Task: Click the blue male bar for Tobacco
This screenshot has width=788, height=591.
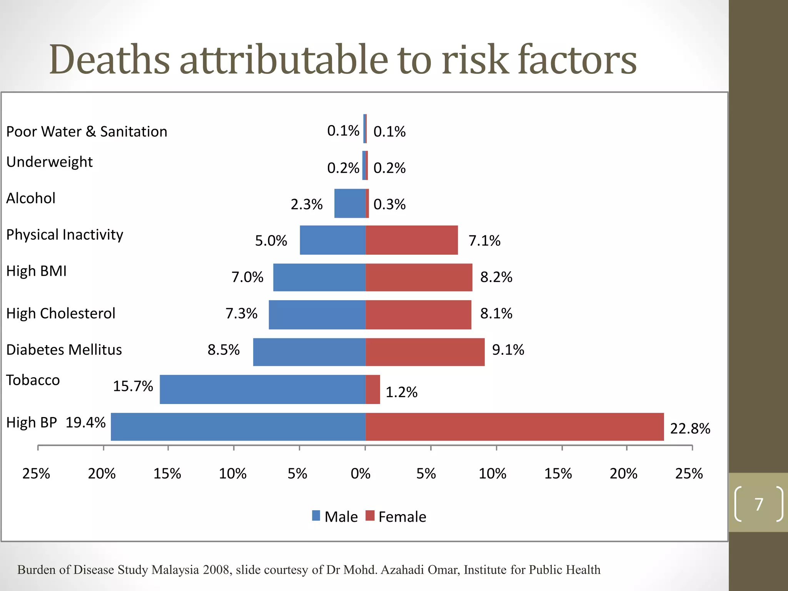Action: (262, 389)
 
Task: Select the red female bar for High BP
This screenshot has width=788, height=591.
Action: (514, 426)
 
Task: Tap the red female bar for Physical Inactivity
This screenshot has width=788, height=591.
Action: (412, 240)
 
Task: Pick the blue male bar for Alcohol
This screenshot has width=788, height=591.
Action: (350, 203)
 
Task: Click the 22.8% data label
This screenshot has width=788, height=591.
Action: (690, 428)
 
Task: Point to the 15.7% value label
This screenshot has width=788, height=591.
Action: (133, 386)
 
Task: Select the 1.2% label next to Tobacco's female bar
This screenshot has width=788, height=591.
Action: (401, 392)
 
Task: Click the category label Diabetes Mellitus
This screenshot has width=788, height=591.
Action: (64, 350)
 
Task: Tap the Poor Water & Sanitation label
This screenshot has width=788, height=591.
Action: (87, 132)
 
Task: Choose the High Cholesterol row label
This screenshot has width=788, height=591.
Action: (61, 313)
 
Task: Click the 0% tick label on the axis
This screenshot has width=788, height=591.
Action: (361, 473)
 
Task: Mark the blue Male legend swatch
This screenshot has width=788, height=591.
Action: (316, 516)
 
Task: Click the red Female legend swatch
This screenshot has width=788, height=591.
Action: (370, 516)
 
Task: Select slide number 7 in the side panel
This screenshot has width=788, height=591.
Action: (759, 504)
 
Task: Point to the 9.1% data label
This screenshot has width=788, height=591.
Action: (508, 350)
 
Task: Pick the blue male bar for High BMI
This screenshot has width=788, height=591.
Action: (319, 277)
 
